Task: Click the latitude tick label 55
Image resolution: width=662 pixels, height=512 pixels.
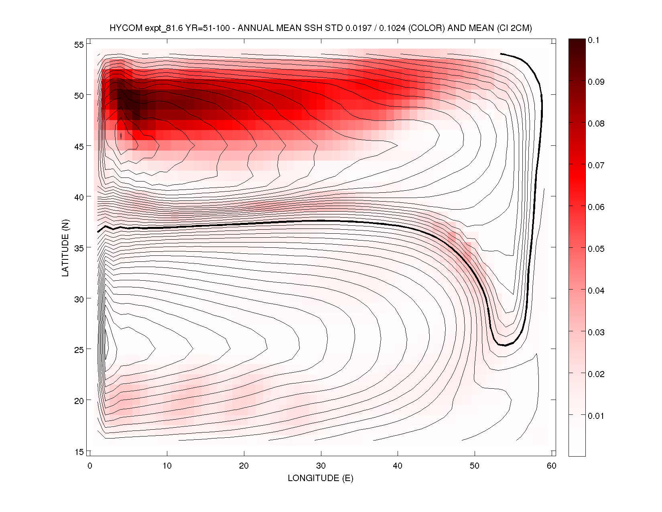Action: pos(79,45)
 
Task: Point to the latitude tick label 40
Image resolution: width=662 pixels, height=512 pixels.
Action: pos(79,197)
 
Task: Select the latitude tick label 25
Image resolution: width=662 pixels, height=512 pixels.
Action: pos(79,350)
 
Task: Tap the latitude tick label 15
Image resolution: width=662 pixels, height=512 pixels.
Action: pos(79,452)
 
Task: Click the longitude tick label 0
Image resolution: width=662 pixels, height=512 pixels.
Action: pos(90,466)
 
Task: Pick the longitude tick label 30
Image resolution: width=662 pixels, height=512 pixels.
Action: pos(321,466)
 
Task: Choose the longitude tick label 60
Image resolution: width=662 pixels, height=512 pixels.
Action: pos(552,466)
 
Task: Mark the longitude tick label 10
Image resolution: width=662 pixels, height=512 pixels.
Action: pos(167,466)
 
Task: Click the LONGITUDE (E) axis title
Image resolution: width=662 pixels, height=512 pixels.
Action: pos(321,478)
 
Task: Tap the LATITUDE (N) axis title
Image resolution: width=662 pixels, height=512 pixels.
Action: pos(65,248)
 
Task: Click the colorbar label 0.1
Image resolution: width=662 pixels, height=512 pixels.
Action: pos(593,40)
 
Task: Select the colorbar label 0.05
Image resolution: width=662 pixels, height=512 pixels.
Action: pos(596,249)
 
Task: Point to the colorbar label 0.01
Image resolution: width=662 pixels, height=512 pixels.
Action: pos(596,416)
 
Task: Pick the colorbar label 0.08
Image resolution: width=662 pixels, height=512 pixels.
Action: pos(596,124)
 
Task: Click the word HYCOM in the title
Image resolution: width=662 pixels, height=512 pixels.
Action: pos(126,28)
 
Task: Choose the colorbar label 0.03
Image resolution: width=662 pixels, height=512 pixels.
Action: pos(596,332)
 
